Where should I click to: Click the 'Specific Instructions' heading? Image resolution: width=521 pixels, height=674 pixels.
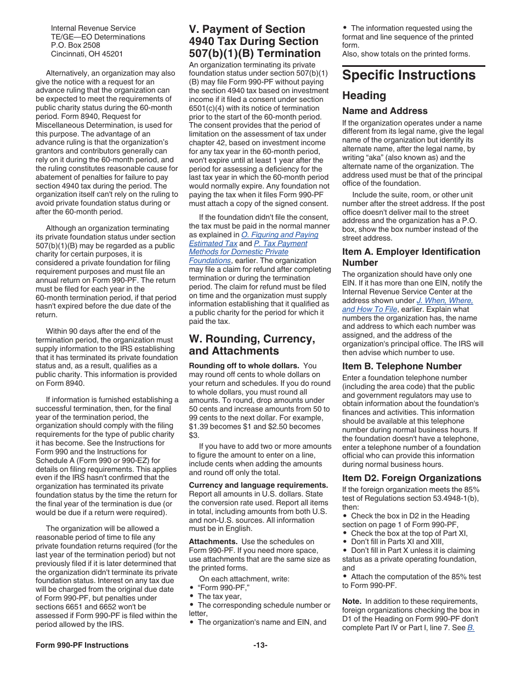409,75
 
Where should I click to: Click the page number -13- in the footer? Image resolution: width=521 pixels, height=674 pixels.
260,645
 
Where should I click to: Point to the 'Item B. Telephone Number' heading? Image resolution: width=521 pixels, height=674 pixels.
402,366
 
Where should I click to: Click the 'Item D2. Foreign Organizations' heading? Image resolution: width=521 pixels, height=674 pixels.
411,478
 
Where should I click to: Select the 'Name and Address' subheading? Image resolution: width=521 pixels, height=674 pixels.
384,111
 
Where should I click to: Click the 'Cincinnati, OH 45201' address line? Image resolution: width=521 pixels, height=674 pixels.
87,54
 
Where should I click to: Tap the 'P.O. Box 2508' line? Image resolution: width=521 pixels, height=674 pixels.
76,45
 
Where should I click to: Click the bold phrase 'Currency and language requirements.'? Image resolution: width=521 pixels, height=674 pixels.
258,485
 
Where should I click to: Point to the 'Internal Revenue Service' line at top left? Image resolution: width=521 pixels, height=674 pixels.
93,28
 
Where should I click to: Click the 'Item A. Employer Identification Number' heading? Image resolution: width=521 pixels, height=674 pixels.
411,257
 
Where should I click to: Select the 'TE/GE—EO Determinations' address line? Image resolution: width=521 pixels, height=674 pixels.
98,37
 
